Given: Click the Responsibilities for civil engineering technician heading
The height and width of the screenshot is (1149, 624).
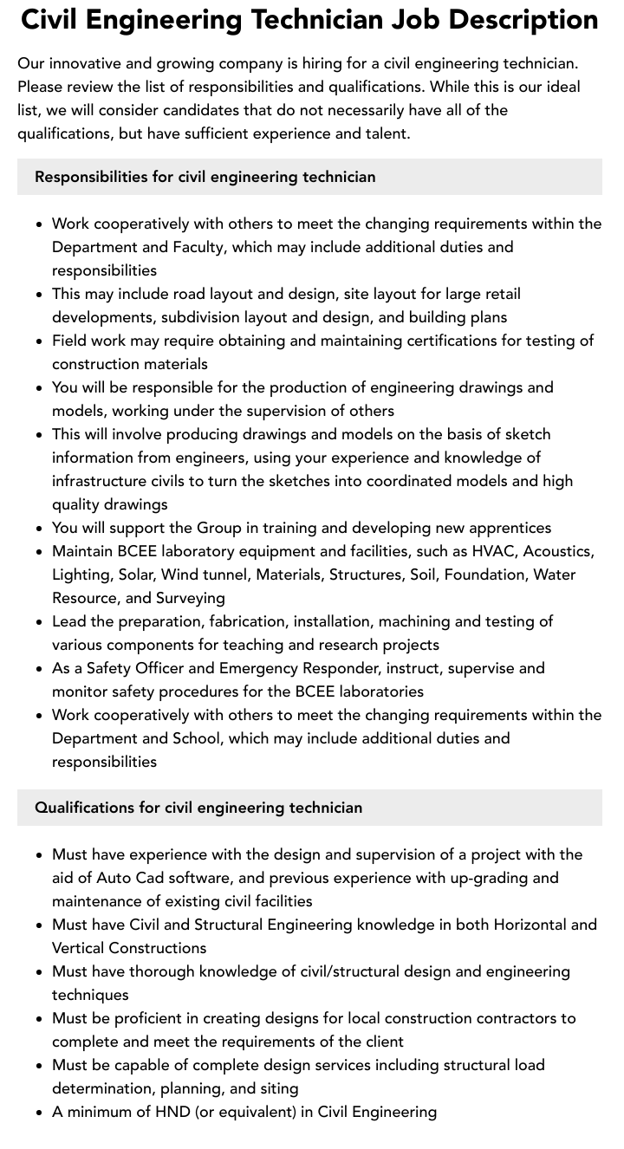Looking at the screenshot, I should tap(205, 177).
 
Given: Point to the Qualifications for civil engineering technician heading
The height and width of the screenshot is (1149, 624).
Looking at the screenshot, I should tap(198, 808).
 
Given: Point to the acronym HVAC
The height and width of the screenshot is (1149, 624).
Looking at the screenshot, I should tap(493, 551).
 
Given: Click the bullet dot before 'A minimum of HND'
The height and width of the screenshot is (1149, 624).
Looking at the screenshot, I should tap(40, 1113).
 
